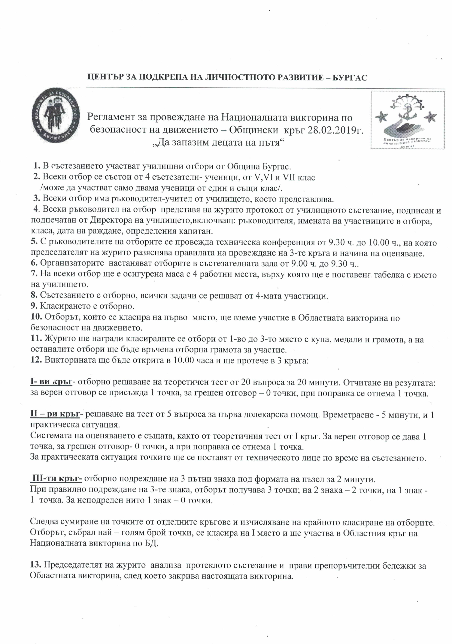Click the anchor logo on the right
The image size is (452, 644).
(407, 120)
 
